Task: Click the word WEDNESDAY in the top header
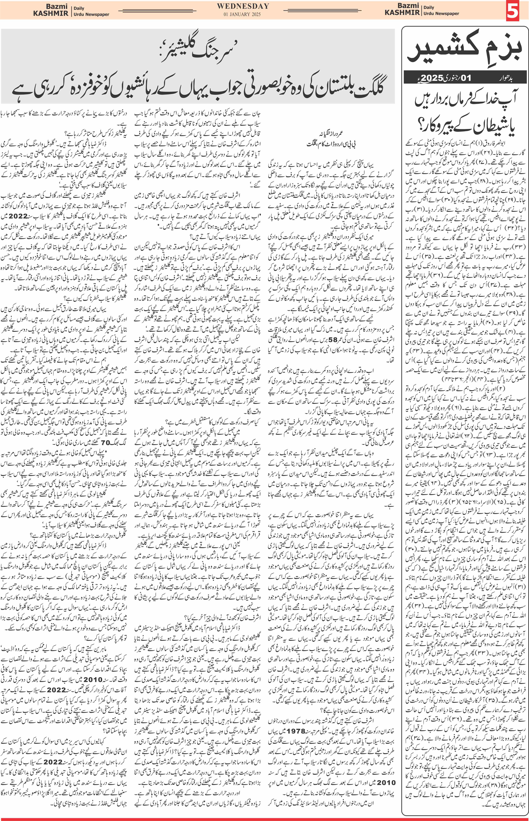tap(243, 6)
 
